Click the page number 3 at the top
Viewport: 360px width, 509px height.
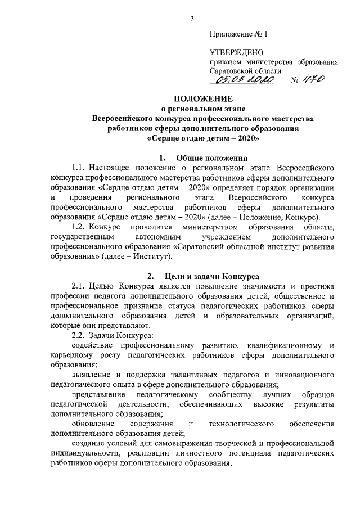point(192,19)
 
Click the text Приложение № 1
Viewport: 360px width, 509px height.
point(239,35)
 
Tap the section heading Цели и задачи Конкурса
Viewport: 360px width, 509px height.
point(211,277)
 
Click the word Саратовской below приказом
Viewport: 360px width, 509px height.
point(235,71)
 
